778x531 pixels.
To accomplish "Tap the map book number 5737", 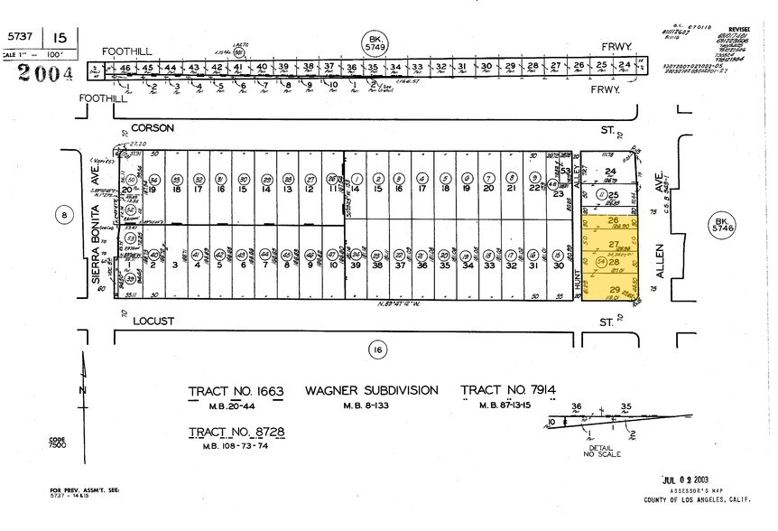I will click(20, 37).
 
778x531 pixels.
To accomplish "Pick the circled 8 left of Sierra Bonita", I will click(62, 215).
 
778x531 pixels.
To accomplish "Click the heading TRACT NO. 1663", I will click(236, 391).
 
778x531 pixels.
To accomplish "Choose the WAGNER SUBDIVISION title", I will click(373, 391).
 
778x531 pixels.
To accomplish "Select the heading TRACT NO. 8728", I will click(236, 431).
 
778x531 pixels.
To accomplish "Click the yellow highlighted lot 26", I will click(614, 222).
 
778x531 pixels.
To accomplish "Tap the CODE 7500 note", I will click(58, 443).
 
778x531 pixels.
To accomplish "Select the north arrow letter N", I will click(83, 389).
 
